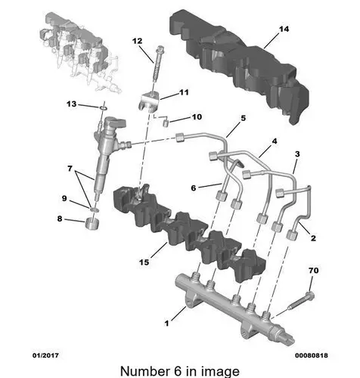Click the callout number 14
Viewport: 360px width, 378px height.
pyautogui.click(x=284, y=29)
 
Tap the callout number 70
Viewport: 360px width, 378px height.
pyautogui.click(x=313, y=271)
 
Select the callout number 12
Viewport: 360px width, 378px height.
pyautogui.click(x=137, y=41)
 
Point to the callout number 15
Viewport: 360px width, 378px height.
pyautogui.click(x=144, y=262)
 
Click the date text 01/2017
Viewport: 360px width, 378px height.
pyautogui.click(x=45, y=355)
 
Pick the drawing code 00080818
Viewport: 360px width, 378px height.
pyautogui.click(x=312, y=355)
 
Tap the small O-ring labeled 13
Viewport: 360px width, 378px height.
pyautogui.click(x=104, y=108)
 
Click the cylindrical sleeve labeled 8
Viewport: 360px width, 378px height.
pyautogui.click(x=92, y=224)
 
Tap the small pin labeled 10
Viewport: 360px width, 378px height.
pyautogui.click(x=166, y=123)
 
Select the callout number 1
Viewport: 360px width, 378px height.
pyautogui.click(x=166, y=323)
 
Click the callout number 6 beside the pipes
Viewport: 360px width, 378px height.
pyautogui.click(x=194, y=188)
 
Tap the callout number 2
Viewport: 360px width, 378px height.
pyautogui.click(x=313, y=238)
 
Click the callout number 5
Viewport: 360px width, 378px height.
pyautogui.click(x=243, y=118)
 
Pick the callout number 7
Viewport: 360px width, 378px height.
pyautogui.click(x=70, y=169)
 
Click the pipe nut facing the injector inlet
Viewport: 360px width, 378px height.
pyautogui.click(x=180, y=138)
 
